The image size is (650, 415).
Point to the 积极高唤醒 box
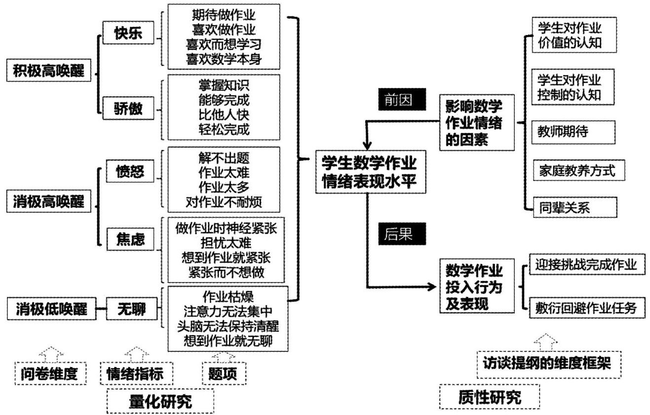click(x=48, y=73)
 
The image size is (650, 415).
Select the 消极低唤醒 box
click(x=48, y=310)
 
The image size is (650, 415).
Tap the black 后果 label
click(x=401, y=234)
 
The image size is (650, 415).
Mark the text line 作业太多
click(x=224, y=187)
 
